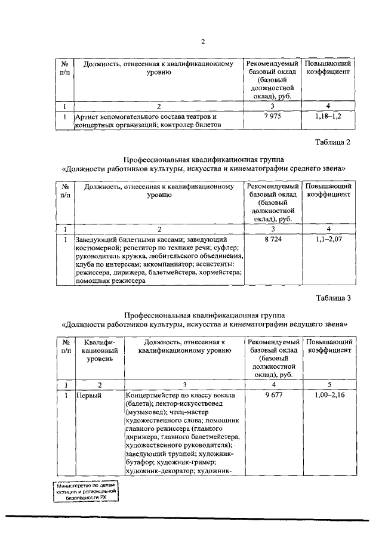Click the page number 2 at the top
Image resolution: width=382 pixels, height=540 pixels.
202,41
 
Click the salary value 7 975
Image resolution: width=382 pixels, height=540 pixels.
272,116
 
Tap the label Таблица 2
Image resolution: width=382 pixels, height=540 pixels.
333,142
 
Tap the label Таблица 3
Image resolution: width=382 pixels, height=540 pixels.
333,298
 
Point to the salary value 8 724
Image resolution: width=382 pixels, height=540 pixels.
272,239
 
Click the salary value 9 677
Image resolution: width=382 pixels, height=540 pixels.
273,395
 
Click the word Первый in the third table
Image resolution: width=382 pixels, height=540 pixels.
88,396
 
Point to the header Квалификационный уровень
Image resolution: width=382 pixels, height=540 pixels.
99,351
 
